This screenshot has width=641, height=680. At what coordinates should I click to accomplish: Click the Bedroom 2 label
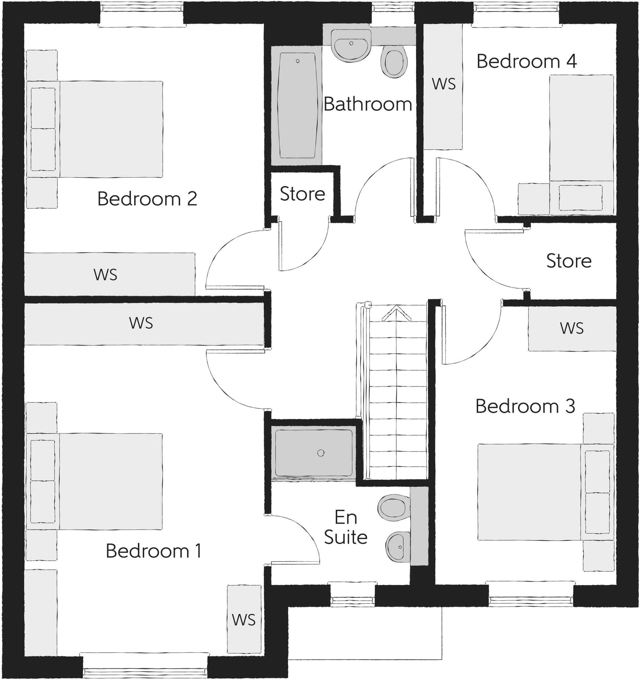point(147,199)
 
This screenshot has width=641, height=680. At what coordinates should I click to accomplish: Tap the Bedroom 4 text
point(526,61)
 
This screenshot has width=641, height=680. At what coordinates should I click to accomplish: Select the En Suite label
point(346,527)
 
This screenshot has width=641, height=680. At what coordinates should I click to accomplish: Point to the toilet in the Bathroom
point(394,62)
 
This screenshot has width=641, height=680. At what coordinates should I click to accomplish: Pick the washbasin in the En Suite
point(398,547)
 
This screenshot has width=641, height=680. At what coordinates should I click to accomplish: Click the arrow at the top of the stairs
point(396,313)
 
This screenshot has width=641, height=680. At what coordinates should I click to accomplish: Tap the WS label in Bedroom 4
point(443,84)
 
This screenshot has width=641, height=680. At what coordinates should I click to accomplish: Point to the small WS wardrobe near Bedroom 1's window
point(244,620)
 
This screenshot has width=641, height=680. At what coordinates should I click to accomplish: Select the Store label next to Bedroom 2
point(302,194)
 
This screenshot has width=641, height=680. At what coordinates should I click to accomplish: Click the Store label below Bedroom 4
point(569,261)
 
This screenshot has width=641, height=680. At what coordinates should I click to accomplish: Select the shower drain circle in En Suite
point(321,453)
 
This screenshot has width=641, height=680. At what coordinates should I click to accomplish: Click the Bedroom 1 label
point(153,551)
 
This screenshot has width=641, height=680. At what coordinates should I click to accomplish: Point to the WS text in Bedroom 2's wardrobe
point(105,275)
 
